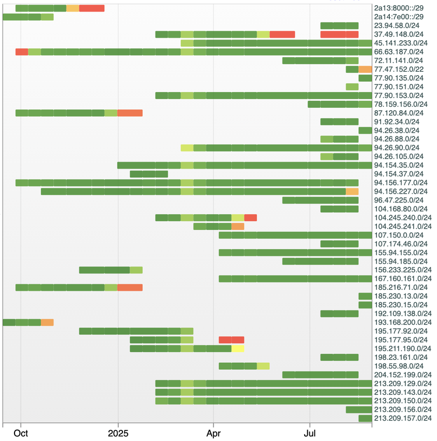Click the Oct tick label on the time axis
20,432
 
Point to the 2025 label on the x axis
118,432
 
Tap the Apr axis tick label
213,432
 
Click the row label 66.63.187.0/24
401,52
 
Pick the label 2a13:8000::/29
401,8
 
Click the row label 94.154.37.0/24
401,174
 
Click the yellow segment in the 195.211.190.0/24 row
238,349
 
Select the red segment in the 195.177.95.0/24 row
231,340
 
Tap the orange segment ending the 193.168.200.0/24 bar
47,323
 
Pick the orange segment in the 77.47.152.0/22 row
365,69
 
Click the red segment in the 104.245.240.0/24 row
251,218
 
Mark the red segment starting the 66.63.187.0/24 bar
22,52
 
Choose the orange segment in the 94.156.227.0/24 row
352,191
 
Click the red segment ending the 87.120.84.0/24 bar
130,113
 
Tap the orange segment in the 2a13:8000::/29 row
73,8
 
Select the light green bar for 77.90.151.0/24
352,87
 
